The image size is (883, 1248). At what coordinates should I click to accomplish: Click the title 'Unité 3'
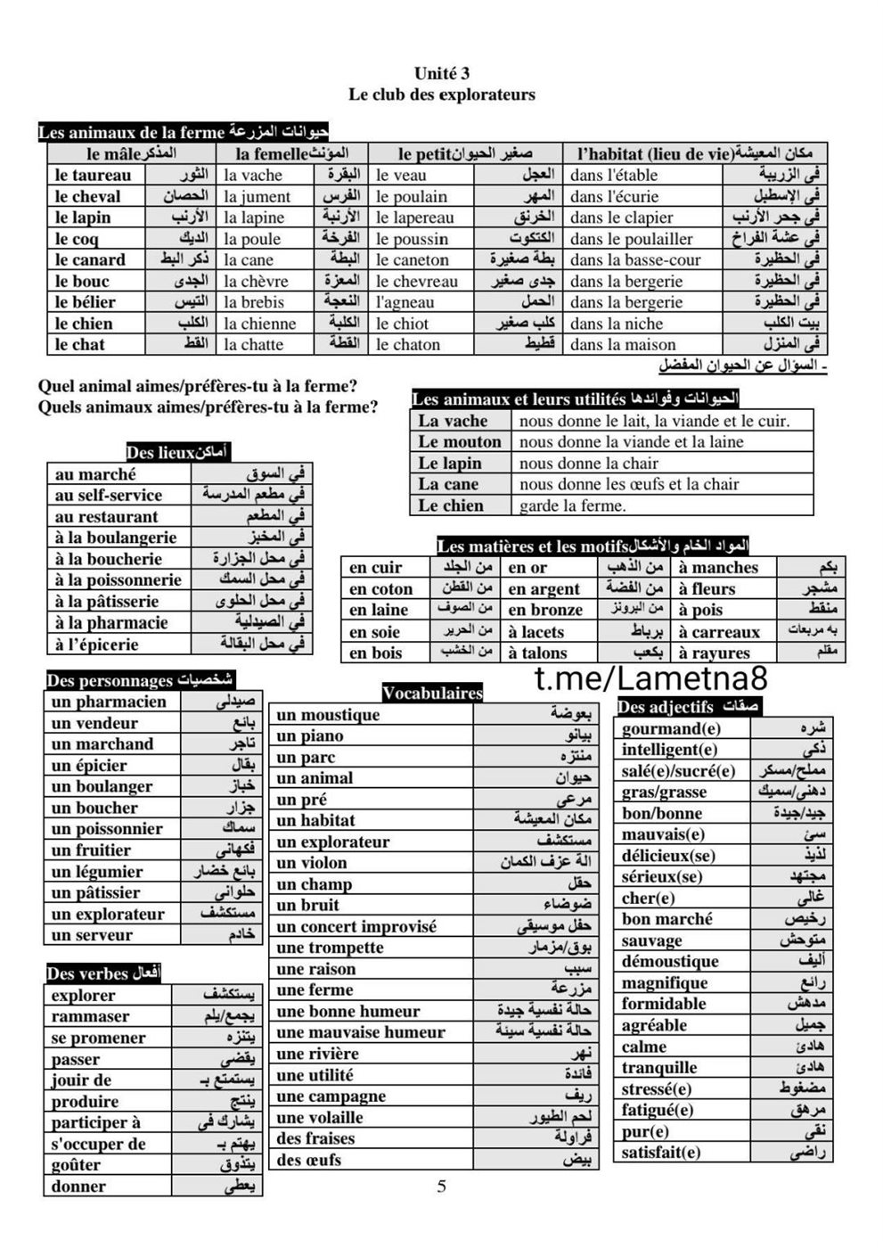[441, 74]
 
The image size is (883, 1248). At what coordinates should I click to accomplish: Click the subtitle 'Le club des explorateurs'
[441, 94]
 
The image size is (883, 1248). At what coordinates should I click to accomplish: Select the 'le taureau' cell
[93, 176]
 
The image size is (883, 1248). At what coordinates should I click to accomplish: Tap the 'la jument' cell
[258, 197]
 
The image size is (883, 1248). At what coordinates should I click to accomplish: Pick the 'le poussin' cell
[412, 239]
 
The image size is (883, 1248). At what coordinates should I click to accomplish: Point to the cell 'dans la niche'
[617, 324]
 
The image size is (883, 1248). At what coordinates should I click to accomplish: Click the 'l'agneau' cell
[405, 302]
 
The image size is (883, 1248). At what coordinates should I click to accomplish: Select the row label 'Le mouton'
[460, 442]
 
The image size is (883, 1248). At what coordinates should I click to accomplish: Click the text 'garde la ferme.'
[573, 506]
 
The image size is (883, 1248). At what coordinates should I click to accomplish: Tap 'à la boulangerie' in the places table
[116, 538]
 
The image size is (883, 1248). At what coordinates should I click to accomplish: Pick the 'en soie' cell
[375, 632]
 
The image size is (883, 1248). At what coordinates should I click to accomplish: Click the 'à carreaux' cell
[719, 632]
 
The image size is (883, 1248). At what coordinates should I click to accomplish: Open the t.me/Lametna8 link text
[650, 679]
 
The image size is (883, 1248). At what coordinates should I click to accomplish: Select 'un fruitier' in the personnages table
[91, 850]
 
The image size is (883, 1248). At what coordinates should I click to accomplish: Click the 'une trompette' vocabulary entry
[330, 948]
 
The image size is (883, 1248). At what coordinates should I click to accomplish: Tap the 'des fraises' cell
[315, 1138]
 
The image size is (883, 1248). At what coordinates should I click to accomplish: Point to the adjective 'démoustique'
[670, 962]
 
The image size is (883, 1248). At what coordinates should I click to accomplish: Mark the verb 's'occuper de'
[98, 1144]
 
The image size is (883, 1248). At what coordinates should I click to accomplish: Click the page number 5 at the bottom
[442, 1186]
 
